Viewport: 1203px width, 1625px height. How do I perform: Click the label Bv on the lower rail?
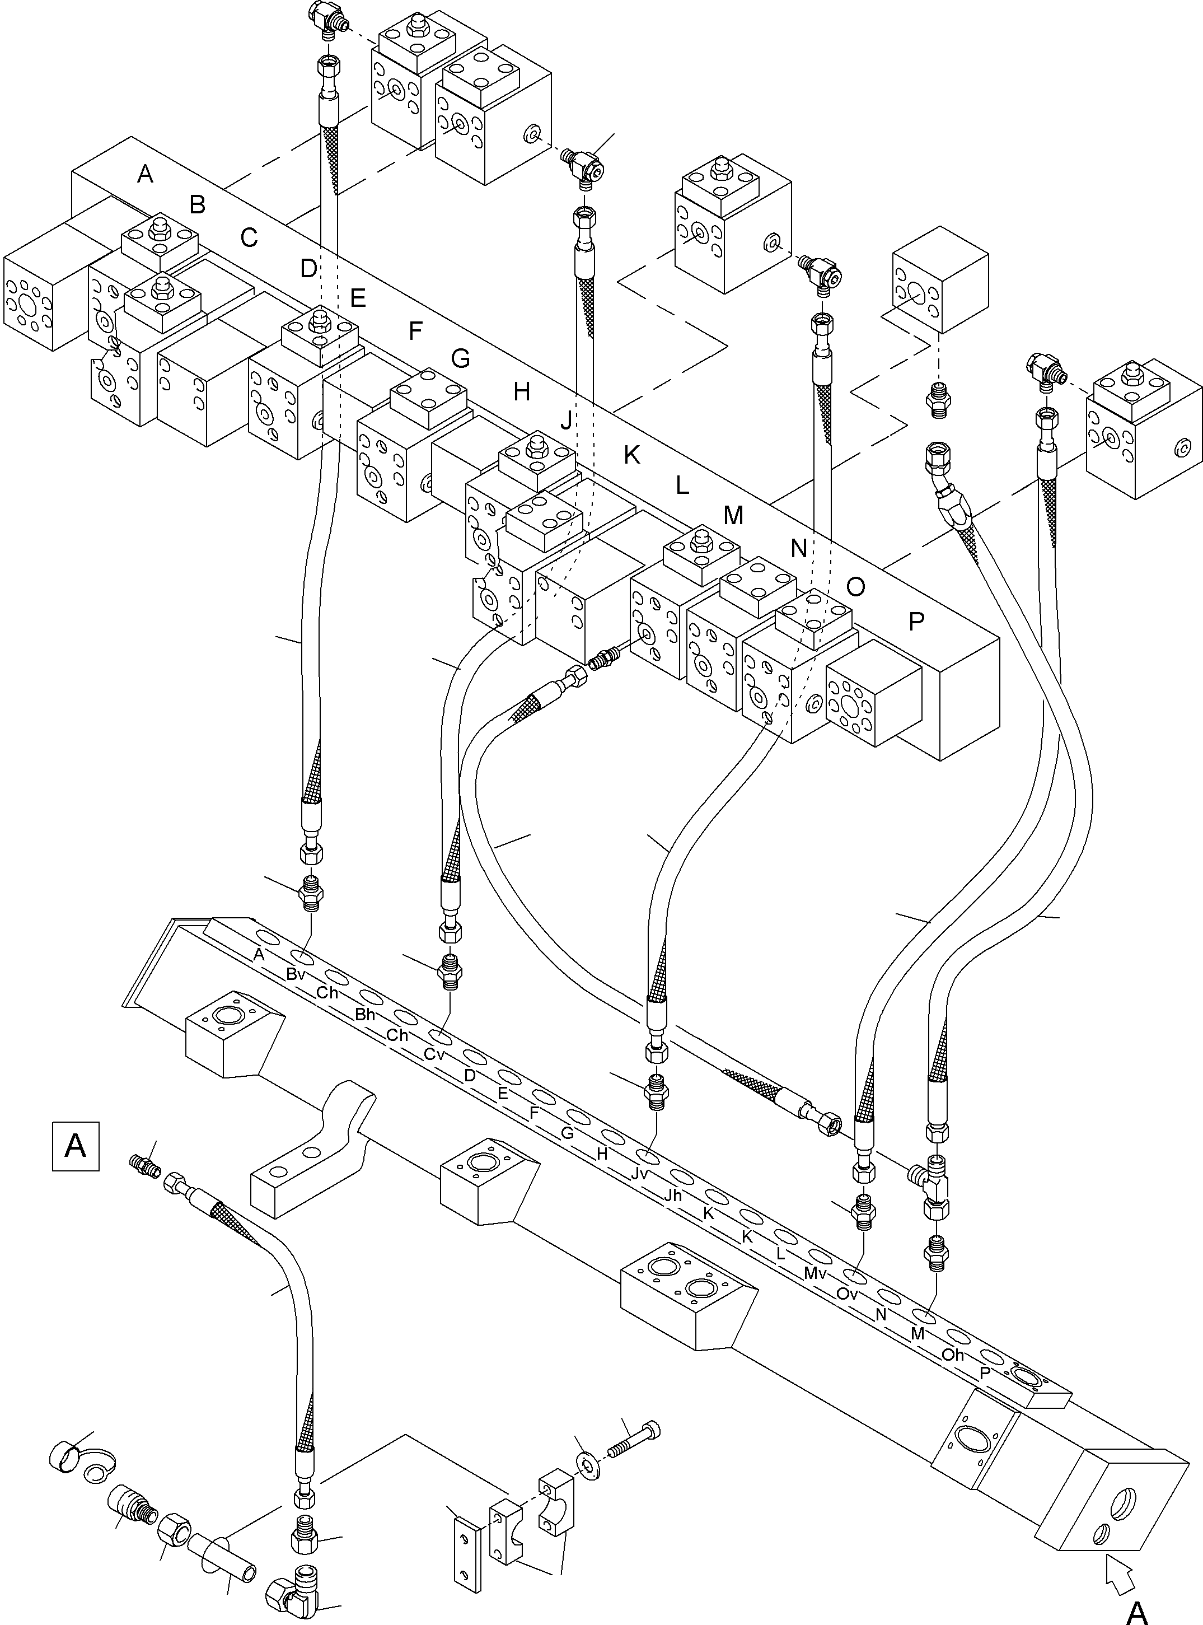point(296,974)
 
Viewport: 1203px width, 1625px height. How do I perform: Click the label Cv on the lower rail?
point(434,1054)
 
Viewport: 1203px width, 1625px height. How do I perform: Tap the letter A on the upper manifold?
point(145,174)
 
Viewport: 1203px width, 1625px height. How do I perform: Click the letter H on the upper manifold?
point(521,392)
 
